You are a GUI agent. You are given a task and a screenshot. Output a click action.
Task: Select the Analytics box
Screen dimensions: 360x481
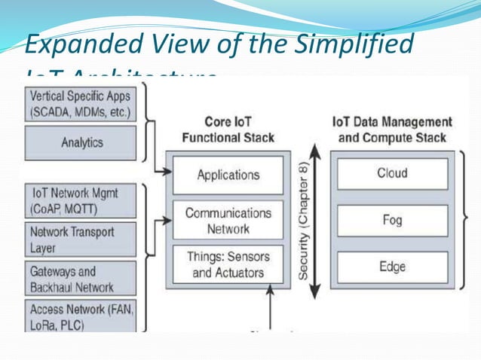pyautogui.click(x=80, y=143)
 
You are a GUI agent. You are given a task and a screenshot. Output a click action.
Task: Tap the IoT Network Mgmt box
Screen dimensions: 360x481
pyautogui.click(x=80, y=200)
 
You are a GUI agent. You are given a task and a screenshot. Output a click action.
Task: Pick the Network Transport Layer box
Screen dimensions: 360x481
pyautogui.click(x=80, y=239)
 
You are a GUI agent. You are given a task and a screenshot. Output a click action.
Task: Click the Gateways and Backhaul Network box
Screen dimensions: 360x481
pyautogui.click(x=80, y=279)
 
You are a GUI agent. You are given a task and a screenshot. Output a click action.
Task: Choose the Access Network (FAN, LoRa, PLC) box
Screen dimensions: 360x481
pyautogui.click(x=80, y=316)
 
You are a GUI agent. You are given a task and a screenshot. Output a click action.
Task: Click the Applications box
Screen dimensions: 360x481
pyautogui.click(x=228, y=175)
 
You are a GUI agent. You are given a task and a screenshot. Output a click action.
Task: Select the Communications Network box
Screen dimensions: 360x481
pyautogui.click(x=228, y=220)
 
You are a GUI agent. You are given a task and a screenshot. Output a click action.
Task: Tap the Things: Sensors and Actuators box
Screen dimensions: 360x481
pyautogui.click(x=228, y=264)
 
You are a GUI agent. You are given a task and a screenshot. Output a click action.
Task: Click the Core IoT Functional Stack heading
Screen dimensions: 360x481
pyautogui.click(x=228, y=129)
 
